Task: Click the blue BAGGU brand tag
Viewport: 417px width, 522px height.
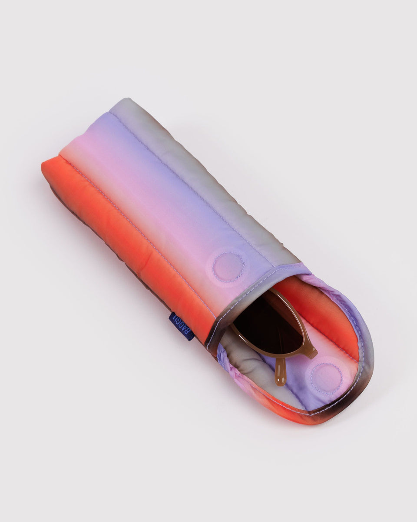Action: click(181, 326)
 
